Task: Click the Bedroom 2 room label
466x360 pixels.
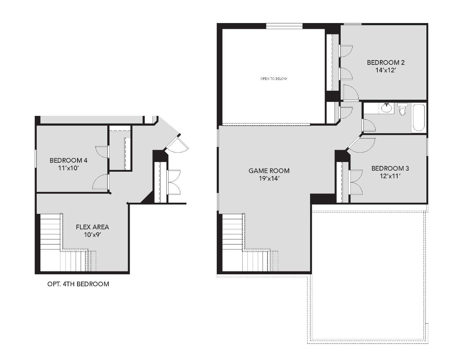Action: pos(386,63)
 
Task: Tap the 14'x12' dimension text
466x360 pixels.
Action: pos(386,70)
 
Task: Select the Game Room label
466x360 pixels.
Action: pos(269,171)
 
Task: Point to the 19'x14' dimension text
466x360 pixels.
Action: pos(269,179)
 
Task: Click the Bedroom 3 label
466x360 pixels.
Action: pos(390,168)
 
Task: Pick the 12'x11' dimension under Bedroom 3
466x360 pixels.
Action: pos(390,176)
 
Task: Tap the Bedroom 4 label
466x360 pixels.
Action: pos(68,160)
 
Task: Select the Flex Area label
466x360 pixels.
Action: pos(93,227)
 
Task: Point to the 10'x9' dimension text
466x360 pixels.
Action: pos(93,235)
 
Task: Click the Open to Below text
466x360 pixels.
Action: pos(274,78)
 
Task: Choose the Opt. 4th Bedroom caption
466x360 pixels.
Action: pos(78,284)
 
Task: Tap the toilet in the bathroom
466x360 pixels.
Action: pos(402,109)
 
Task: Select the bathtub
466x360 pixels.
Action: pos(418,118)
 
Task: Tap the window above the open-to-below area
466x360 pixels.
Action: pos(284,26)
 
